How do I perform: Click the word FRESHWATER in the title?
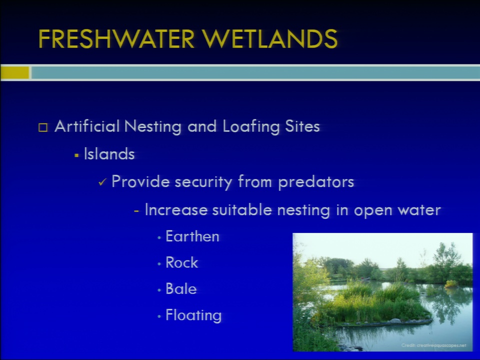coord(116,39)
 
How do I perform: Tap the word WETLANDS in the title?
coord(269,39)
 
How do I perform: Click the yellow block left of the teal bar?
coord(14,72)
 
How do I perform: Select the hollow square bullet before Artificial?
coord(43,127)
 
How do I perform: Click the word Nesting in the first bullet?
coord(153,126)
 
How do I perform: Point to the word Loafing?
coord(251,126)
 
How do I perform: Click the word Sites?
coord(302,126)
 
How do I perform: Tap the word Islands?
coord(109,153)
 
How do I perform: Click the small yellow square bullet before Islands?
coord(76,155)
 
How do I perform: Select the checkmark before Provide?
coord(102,182)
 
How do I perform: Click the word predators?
coord(316,182)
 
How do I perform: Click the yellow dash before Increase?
coord(136,211)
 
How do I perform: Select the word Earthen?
coord(192,236)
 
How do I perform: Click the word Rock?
coord(182,262)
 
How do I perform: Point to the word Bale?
coord(181,288)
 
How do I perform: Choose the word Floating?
coord(193,315)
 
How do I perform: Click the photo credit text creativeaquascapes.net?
coord(441,345)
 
